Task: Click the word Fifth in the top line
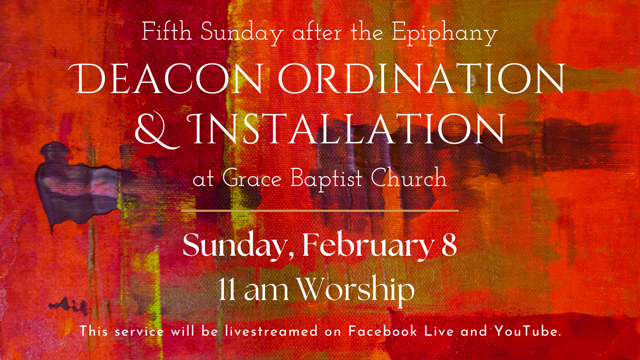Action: (x=167, y=32)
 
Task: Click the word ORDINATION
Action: (x=422, y=79)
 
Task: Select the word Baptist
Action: (x=326, y=179)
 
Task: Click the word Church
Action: (x=409, y=178)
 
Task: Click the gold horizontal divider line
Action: (x=320, y=211)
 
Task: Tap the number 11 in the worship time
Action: (x=227, y=289)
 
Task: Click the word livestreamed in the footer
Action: (x=271, y=332)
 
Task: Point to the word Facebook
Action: (x=383, y=332)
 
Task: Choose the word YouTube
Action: (x=528, y=332)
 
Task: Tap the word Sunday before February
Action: (x=235, y=246)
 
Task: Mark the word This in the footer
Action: (x=94, y=332)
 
